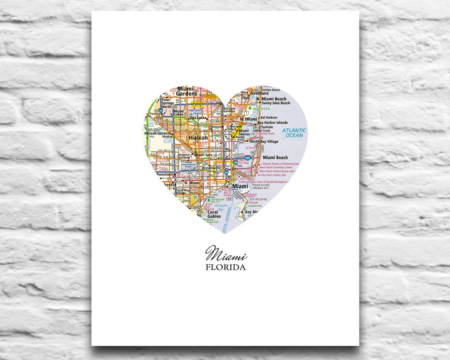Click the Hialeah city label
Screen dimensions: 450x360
coord(198,137)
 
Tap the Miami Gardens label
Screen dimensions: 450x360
coord(186,91)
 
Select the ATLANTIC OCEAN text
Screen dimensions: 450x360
coord(294,132)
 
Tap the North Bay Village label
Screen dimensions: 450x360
coord(264,142)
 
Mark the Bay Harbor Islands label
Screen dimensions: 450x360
coord(273,122)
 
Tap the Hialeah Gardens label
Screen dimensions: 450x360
coord(158,133)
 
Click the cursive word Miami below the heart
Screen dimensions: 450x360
coord(226,253)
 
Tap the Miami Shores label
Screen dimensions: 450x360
coord(244,132)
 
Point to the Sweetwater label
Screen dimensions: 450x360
coord(165,175)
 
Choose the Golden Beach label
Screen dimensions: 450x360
coord(271,90)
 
